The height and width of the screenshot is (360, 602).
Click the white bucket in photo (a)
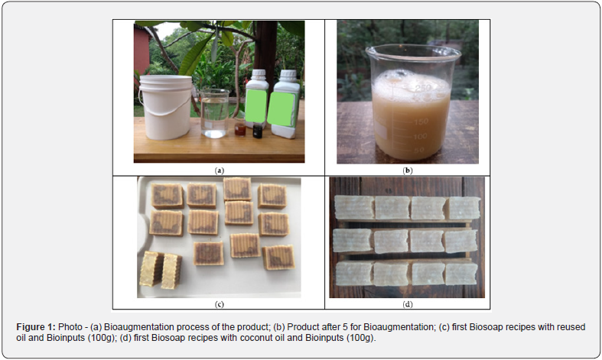(x=165, y=107)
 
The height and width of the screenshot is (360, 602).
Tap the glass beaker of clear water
(x=215, y=113)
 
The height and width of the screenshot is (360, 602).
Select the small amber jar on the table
(x=240, y=129)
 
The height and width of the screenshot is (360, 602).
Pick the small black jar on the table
(x=258, y=131)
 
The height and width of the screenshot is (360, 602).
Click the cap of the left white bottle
(x=259, y=74)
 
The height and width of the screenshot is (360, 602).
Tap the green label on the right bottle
(x=281, y=109)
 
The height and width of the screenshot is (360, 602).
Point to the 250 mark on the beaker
(x=423, y=88)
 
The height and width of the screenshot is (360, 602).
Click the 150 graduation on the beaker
(x=421, y=122)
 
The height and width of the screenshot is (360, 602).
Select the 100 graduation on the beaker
(x=420, y=136)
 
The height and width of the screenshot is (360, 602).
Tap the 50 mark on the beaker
(x=420, y=150)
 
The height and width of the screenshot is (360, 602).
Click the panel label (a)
(x=220, y=170)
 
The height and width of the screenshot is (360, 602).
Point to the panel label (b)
(x=408, y=170)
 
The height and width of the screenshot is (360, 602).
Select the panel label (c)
(x=220, y=304)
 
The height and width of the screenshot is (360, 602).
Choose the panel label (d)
(x=408, y=304)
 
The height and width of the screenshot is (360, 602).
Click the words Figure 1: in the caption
(x=36, y=327)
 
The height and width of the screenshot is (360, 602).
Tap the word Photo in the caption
(x=70, y=327)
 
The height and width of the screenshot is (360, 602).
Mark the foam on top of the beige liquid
(x=411, y=84)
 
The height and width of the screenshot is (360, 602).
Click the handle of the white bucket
(x=166, y=110)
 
